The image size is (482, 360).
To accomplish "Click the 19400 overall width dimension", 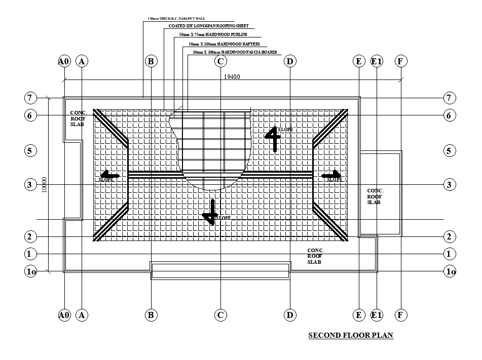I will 232,76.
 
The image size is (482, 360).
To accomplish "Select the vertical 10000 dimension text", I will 44,185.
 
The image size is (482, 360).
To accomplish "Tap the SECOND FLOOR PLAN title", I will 351,335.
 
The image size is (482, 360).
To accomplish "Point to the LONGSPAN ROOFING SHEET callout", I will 208,26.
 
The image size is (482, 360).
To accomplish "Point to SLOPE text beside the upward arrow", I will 285,130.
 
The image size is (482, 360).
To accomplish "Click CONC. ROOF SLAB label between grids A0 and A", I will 78,118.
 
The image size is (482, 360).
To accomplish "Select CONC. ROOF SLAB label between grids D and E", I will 316,256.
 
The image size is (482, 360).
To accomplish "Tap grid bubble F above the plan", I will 400,62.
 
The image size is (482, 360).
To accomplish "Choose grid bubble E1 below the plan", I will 377,315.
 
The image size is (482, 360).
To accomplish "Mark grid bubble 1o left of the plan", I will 30,271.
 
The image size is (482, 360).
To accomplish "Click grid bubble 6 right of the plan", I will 449,115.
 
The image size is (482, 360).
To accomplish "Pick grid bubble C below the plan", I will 220,315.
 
